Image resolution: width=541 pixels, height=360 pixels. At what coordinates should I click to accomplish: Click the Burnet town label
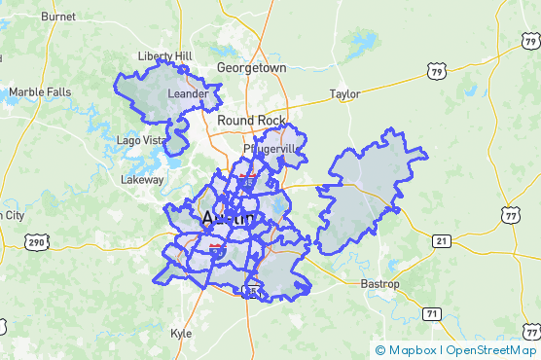(58, 17)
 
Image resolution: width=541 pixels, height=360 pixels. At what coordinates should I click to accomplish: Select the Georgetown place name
(251, 68)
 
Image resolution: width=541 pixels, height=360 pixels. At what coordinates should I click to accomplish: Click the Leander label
(188, 93)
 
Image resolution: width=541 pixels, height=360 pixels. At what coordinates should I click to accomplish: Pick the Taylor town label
(344, 94)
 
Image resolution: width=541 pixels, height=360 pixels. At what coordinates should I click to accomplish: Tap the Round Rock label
(251, 120)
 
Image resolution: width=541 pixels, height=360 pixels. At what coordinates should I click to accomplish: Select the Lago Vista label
(140, 140)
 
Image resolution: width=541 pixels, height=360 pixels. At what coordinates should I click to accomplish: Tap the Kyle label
(181, 332)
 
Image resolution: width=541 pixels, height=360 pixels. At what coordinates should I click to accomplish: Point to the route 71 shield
(431, 312)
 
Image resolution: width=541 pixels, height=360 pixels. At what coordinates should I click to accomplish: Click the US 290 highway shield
(37, 241)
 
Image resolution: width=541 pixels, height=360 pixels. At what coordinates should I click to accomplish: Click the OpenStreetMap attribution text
(491, 350)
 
